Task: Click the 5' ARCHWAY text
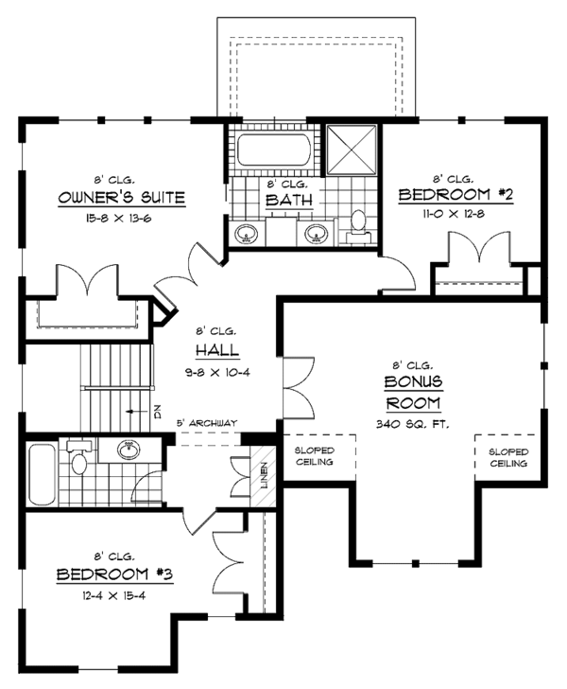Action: [x=205, y=422]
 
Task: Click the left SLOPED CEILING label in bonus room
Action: [x=315, y=457]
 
